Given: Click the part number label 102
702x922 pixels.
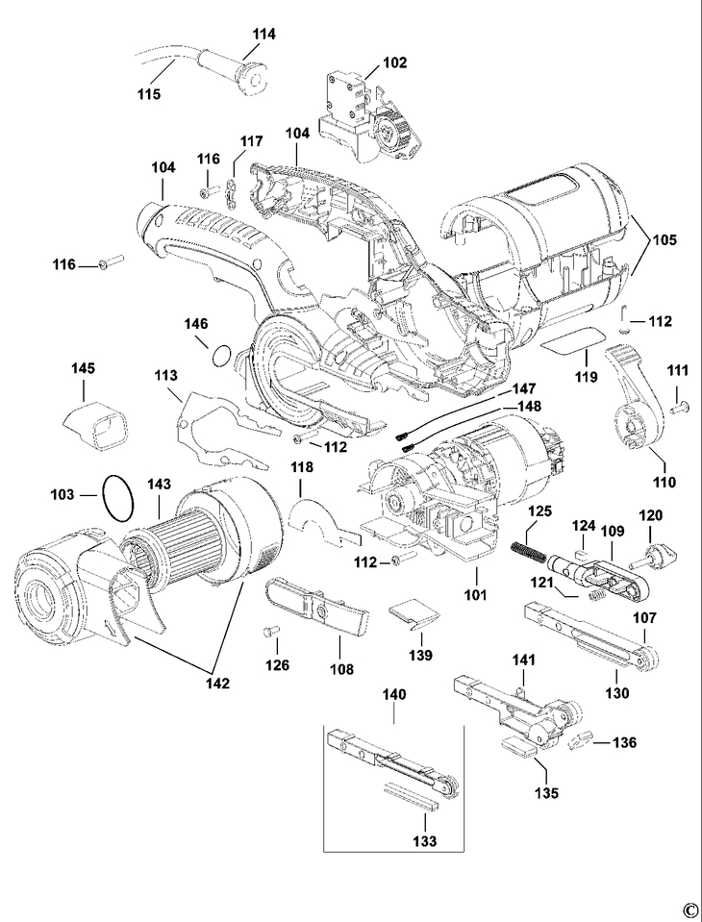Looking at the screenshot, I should [394, 63].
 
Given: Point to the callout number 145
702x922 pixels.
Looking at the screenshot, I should [83, 369].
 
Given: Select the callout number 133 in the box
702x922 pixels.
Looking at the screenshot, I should [423, 841].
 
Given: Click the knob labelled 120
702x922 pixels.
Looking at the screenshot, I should [661, 555].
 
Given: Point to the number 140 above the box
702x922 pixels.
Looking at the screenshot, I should [394, 694].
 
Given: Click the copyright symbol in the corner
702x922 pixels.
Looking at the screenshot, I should [689, 910].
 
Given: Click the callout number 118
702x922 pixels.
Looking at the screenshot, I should [302, 467].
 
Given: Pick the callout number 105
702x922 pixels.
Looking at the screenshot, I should [664, 239].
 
